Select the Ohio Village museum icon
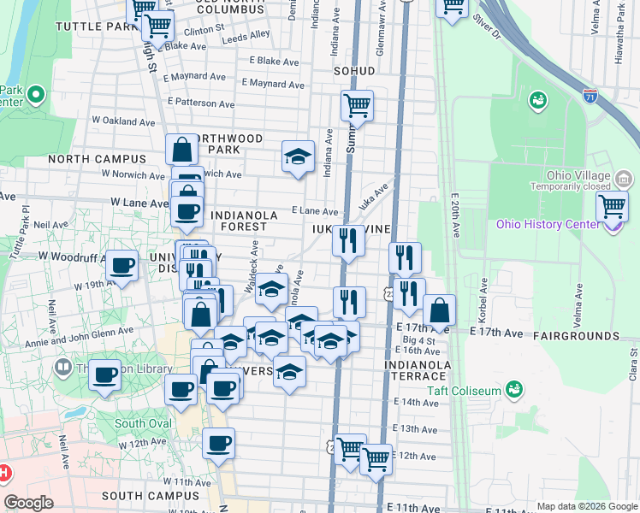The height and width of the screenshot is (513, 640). (624, 179)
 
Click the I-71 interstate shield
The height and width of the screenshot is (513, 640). (590, 97)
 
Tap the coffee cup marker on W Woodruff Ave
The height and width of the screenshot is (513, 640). (121, 265)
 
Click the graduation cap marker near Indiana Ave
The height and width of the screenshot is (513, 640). (298, 156)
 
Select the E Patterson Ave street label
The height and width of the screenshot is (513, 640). (201, 103)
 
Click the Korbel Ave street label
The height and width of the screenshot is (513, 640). (484, 292)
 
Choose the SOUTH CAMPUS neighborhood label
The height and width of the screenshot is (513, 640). (150, 495)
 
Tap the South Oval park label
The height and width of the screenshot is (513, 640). (142, 423)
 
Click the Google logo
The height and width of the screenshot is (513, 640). (28, 503)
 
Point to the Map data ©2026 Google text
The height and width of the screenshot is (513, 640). (587, 506)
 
